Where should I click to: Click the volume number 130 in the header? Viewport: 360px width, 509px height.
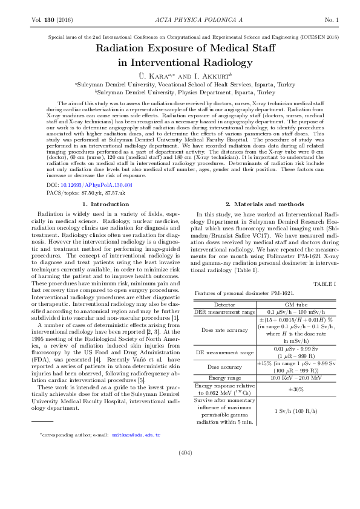50,21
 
